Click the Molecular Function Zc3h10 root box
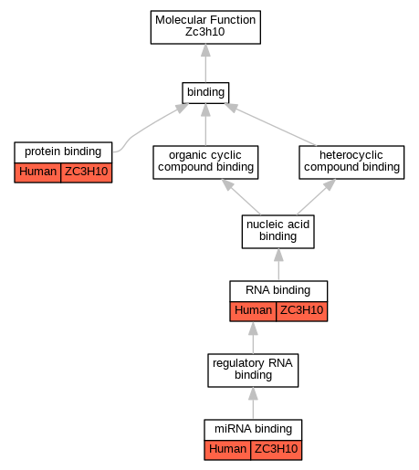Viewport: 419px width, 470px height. (205, 27)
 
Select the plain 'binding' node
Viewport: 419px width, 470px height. (205, 92)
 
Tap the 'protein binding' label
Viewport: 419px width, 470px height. (63, 151)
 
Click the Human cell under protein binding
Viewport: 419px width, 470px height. (37, 172)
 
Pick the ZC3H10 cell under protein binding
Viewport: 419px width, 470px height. (87, 172)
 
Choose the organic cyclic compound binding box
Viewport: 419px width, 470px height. (205, 162)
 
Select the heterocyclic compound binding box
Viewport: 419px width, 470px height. (351, 162)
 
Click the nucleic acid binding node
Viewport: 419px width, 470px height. (278, 232)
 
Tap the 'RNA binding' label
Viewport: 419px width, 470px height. (278, 290)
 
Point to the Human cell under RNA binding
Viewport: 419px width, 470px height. (253, 311)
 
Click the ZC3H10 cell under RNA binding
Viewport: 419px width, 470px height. (302, 311)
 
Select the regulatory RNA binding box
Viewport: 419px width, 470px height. (253, 371)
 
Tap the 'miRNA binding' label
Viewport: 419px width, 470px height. (253, 429)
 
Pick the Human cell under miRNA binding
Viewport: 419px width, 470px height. (227, 450)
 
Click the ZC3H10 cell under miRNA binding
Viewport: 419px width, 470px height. (277, 450)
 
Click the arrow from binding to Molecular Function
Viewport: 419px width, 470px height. (205, 63)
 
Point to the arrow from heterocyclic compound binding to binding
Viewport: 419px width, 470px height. (270, 124)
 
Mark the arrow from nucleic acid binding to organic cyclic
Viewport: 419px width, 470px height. (241, 197)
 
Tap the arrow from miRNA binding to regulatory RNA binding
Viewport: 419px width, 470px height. (253, 403)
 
